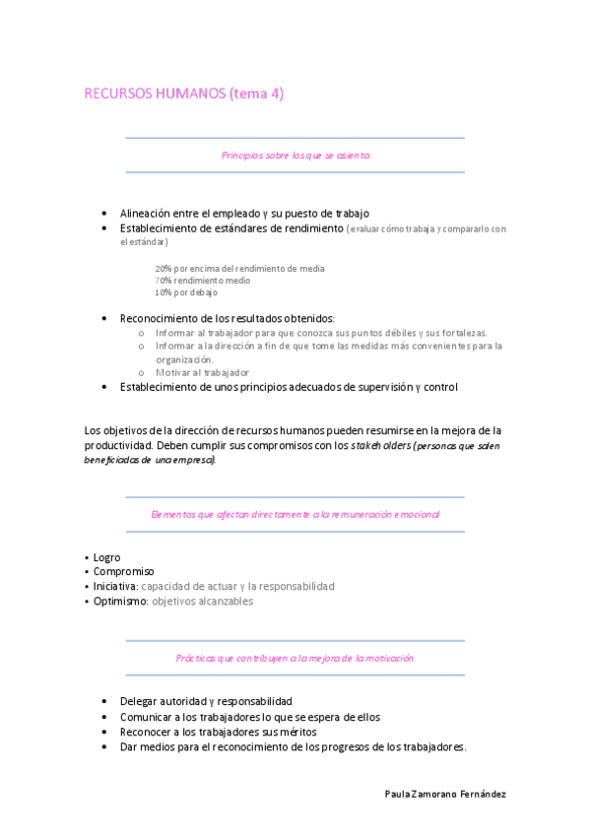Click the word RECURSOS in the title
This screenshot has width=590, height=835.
[x=118, y=94]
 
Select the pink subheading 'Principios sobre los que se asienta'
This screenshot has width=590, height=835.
[x=295, y=156]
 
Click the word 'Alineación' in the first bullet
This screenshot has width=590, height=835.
[x=149, y=213]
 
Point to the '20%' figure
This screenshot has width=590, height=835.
[x=164, y=269]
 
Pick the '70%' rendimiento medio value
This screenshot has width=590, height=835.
[x=164, y=281]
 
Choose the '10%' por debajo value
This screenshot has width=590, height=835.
[x=164, y=292]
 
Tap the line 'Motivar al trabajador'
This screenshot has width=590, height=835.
[x=202, y=373]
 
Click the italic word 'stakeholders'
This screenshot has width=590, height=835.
[x=380, y=445]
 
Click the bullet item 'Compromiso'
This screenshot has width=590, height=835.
[x=123, y=571]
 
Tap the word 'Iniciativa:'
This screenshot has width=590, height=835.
[x=116, y=586]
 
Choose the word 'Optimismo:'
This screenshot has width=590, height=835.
[x=120, y=601]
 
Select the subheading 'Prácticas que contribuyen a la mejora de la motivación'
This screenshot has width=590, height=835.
[x=295, y=658]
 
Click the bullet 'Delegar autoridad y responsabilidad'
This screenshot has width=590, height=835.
[x=206, y=701]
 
